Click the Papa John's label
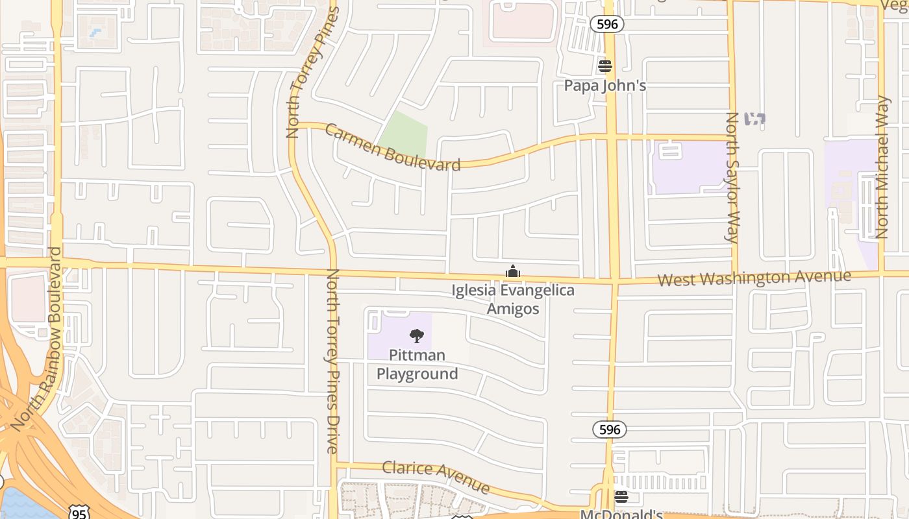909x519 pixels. click(604, 86)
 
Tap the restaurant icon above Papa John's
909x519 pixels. click(604, 66)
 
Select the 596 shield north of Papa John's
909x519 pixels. click(607, 25)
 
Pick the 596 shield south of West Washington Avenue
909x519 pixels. click(609, 429)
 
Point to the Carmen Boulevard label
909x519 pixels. click(393, 147)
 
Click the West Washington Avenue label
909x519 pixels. click(754, 278)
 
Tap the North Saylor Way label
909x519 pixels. click(732, 177)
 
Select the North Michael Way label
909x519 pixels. click(882, 167)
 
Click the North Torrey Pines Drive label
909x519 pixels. click(332, 361)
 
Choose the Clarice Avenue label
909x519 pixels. click(435, 476)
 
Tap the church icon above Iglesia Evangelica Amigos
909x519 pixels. click(513, 271)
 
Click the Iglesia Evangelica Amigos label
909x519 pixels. click(513, 299)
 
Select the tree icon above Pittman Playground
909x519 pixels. click(417, 335)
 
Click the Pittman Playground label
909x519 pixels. click(417, 365)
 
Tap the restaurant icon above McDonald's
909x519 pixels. click(621, 497)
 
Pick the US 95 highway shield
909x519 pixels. click(79, 514)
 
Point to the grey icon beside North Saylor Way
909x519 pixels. click(754, 119)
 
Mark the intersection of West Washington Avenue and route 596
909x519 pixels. click(613, 281)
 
